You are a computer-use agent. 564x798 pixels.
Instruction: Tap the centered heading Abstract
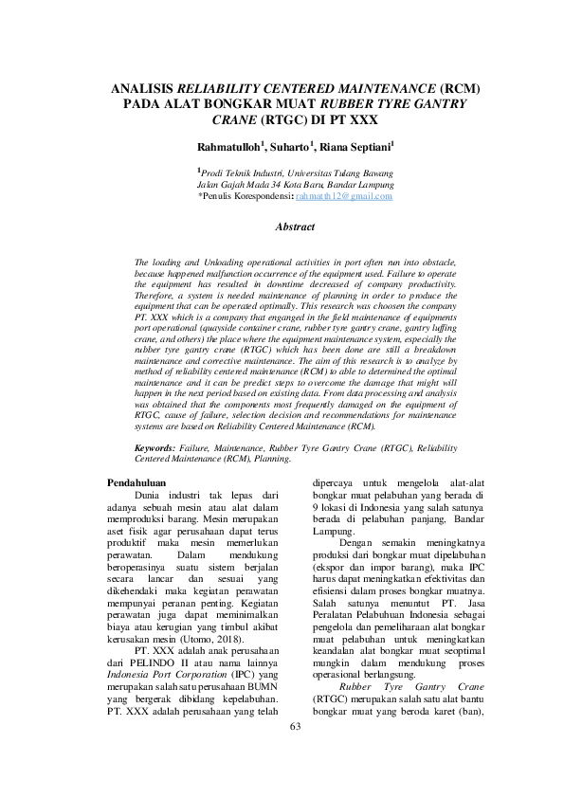coord(294,228)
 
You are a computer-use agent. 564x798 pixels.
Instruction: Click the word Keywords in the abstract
coord(156,445)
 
